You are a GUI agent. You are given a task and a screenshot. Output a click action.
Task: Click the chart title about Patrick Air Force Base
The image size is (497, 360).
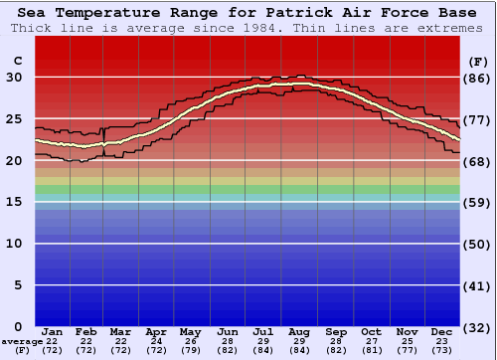click(x=248, y=13)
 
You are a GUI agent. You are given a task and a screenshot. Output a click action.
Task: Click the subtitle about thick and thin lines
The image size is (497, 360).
click(x=248, y=28)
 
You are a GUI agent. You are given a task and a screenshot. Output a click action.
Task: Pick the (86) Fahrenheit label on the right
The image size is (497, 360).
click(x=478, y=78)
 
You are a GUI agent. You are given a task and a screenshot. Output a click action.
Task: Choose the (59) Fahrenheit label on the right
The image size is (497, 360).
click(x=478, y=202)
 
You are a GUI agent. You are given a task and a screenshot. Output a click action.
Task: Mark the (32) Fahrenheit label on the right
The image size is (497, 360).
click(x=478, y=326)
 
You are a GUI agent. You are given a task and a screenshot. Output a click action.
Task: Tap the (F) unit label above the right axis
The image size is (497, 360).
click(x=478, y=61)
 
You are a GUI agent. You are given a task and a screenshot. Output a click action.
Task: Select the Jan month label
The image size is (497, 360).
click(x=53, y=331)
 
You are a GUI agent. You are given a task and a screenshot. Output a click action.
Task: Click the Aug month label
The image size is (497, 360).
click(x=299, y=331)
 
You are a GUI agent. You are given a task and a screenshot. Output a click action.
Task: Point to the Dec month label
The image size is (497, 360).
click(x=441, y=331)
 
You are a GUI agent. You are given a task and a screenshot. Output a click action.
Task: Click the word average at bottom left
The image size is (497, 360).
click(x=17, y=340)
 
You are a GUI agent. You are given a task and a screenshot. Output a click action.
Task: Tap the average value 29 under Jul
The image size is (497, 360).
click(x=264, y=342)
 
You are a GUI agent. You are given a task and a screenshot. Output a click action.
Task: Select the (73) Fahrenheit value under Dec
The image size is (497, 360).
click(x=441, y=351)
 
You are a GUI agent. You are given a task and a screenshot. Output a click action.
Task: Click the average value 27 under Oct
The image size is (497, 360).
click(x=371, y=342)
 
